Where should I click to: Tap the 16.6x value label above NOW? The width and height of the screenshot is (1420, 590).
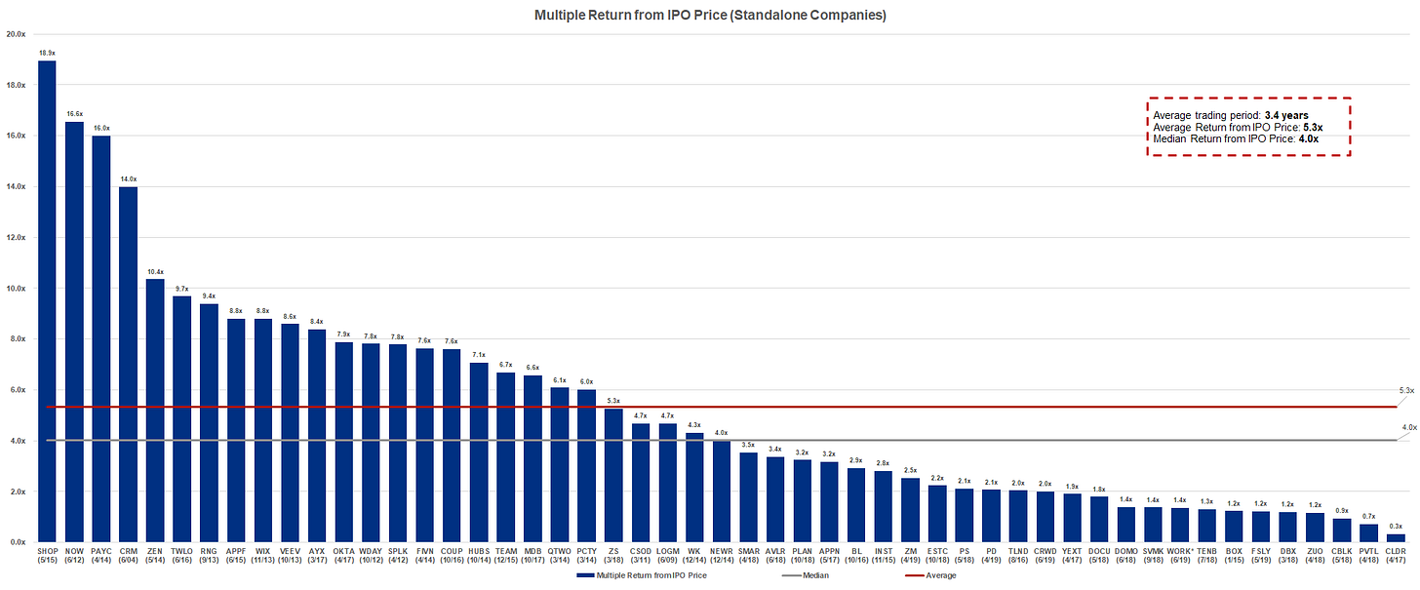[74, 114]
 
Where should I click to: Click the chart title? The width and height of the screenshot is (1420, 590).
[710, 15]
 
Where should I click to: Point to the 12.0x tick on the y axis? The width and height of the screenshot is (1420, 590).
[16, 237]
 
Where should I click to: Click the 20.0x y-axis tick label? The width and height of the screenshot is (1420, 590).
[16, 34]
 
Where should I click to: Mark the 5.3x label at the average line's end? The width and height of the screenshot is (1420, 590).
[1406, 390]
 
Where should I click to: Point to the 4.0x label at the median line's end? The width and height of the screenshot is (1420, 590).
[1409, 427]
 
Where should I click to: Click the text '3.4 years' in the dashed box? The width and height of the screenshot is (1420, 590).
[1286, 116]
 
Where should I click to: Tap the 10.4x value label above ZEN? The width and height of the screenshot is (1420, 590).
[155, 271]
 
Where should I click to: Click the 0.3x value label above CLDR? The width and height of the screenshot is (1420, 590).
[1396, 526]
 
